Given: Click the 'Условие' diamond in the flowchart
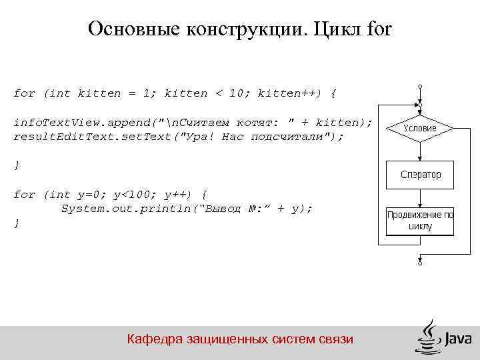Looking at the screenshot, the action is click(420, 127).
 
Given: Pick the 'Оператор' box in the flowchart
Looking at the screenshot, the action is click(420, 175).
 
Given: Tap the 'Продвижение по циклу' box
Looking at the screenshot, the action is click(420, 221).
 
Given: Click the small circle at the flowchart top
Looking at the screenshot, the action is click(420, 86).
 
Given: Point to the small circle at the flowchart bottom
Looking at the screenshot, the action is click(420, 263).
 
